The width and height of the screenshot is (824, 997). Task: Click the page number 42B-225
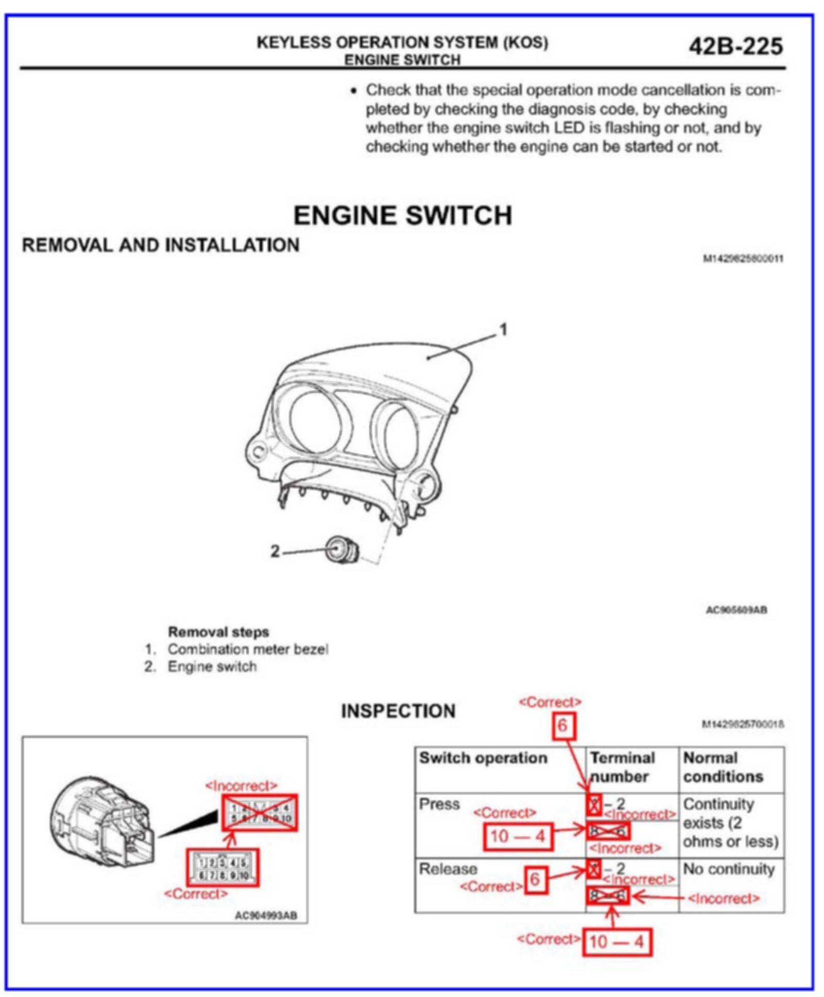click(x=735, y=46)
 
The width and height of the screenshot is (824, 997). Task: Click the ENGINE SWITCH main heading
click(x=402, y=215)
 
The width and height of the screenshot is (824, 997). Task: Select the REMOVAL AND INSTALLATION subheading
click(x=160, y=245)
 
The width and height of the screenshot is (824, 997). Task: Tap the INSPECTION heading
click(x=398, y=711)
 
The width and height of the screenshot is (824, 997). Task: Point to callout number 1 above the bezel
click(x=504, y=330)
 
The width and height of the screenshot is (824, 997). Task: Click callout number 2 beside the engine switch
click(x=275, y=551)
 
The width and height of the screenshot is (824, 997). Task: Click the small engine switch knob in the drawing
click(x=342, y=550)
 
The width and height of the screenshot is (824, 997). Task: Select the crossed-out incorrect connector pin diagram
click(x=260, y=812)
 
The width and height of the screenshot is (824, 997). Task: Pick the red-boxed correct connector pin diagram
click(x=223, y=868)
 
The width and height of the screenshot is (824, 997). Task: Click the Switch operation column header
click(x=483, y=758)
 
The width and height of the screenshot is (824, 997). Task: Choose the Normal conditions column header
click(x=722, y=766)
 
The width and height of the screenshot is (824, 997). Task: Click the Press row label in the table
click(x=439, y=804)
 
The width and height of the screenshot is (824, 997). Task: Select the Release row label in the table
click(x=447, y=869)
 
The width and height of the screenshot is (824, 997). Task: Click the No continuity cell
click(x=729, y=869)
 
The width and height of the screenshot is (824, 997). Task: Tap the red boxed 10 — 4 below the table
click(x=617, y=942)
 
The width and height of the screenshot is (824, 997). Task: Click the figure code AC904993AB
click(x=266, y=916)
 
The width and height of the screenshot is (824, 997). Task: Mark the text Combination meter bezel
click(x=248, y=649)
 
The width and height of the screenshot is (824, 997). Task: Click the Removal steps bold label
click(x=218, y=632)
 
